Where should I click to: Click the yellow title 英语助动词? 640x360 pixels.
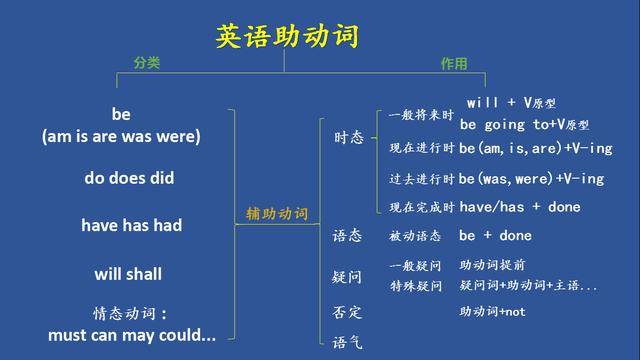[287, 37]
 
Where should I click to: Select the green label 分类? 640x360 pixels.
[146, 63]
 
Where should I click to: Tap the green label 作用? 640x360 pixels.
[454, 63]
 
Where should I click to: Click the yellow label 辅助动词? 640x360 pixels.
[277, 214]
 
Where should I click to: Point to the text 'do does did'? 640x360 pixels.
[129, 178]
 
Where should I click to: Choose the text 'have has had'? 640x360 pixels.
[131, 226]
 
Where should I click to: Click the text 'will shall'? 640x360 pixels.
[128, 274]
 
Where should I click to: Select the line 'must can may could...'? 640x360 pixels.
[131, 335]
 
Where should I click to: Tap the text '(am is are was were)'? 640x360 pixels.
[121, 136]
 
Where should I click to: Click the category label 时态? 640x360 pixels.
[348, 138]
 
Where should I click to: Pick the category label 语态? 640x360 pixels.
[347, 236]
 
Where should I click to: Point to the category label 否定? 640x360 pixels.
[347, 312]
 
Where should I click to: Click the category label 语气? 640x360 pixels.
[347, 342]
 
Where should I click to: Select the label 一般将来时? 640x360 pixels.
[414, 115]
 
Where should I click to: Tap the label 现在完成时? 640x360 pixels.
[421, 207]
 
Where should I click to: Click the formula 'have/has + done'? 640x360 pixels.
[519, 207]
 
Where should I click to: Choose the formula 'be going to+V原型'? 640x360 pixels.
[524, 125]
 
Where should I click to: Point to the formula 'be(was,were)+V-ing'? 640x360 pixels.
[531, 179]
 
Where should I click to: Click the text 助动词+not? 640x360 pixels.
[492, 312]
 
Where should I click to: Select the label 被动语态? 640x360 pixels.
[414, 236]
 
